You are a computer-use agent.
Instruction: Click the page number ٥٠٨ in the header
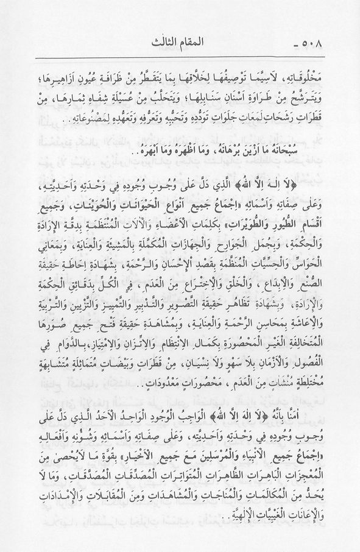coord(324,44)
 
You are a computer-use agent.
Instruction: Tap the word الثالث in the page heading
coord(163,44)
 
